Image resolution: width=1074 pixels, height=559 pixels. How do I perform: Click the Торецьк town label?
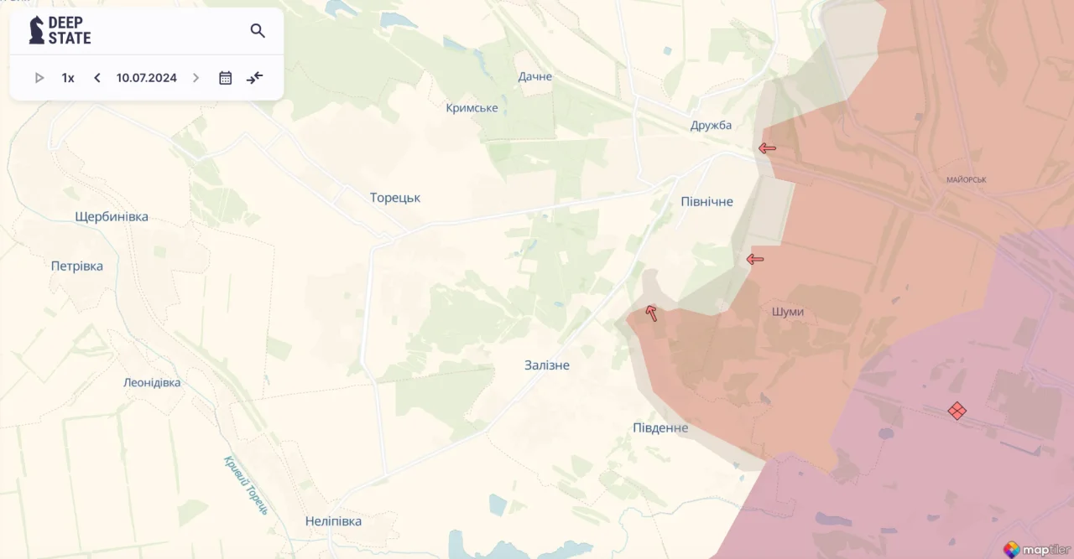(395, 198)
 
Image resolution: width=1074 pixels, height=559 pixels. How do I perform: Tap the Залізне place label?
(546, 365)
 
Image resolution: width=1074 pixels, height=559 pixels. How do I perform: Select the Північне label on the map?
(706, 202)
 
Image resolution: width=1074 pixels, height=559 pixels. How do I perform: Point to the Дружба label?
(711, 126)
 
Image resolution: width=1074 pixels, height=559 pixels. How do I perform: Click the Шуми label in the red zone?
(787, 312)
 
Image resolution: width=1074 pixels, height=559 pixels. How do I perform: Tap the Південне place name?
(660, 428)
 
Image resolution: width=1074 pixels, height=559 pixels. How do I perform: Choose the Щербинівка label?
(112, 217)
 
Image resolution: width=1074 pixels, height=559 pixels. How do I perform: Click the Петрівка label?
(77, 267)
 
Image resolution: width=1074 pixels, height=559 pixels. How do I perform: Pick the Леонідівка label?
(152, 383)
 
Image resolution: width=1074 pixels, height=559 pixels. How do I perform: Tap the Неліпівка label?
(333, 521)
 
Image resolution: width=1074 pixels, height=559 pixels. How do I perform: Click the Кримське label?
(472, 108)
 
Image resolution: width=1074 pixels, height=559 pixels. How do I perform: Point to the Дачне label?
(535, 77)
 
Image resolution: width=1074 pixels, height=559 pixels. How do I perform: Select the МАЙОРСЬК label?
(966, 180)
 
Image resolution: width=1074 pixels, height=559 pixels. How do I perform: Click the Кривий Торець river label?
(246, 485)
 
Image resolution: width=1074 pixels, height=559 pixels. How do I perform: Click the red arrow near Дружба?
(767, 148)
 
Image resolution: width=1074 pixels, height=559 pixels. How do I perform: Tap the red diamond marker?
(957, 411)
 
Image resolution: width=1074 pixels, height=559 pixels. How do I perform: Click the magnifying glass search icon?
(258, 31)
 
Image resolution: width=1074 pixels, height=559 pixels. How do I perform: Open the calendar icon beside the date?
(226, 78)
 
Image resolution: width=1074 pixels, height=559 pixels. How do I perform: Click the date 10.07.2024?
(147, 78)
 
